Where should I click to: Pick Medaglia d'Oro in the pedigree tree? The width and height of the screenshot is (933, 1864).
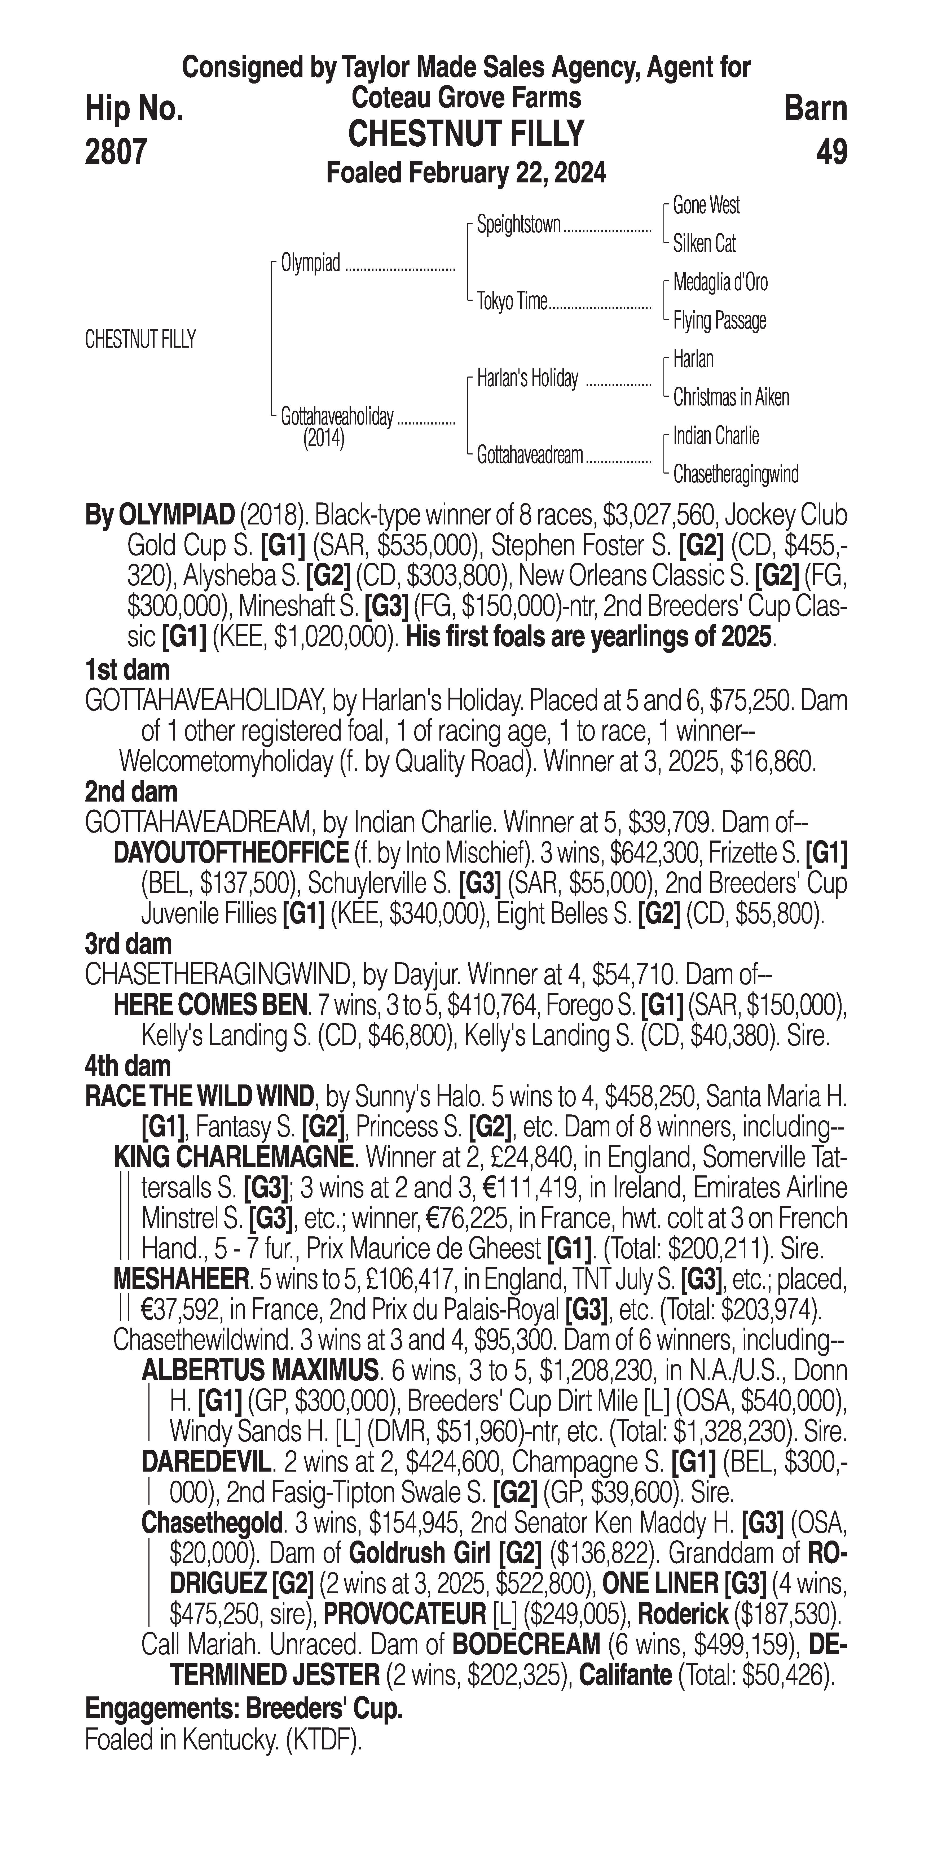pos(720,282)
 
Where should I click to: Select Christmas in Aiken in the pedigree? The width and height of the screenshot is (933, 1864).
pos(730,397)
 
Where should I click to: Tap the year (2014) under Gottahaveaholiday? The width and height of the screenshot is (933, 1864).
pos(323,439)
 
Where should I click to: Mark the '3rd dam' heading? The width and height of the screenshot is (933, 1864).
pos(129,944)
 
